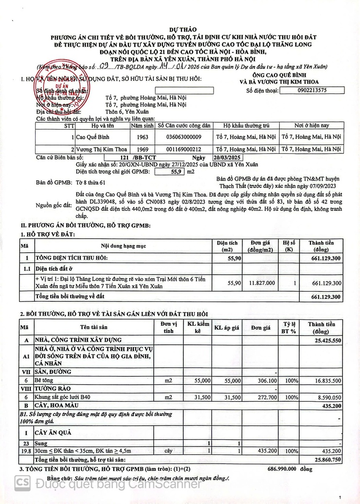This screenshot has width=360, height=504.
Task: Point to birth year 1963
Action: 142,137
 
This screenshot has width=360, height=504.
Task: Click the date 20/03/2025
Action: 228,158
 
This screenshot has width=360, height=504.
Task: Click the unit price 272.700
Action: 267,397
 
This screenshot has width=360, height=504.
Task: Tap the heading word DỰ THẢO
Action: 181,30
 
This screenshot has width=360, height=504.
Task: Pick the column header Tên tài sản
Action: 94,328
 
